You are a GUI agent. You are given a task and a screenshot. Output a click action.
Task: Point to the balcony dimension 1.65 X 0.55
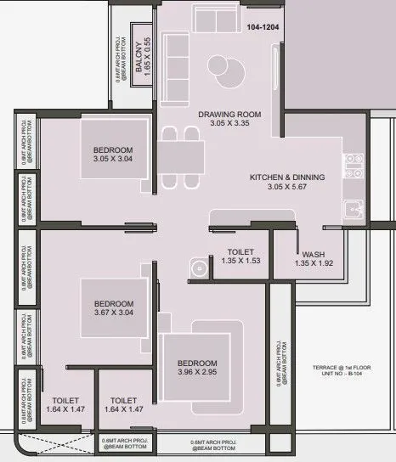pos(147,52)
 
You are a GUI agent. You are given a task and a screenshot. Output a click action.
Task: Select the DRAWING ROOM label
pos(229,114)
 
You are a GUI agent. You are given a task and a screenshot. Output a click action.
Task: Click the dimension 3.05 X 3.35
pos(229,124)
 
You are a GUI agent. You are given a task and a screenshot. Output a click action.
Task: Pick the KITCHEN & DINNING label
pos(286,177)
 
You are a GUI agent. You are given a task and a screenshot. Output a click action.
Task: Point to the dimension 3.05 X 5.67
pos(286,188)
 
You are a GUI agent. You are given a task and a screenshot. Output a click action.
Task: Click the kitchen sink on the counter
pos(351,207)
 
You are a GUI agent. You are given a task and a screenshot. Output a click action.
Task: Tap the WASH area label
pos(312,254)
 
